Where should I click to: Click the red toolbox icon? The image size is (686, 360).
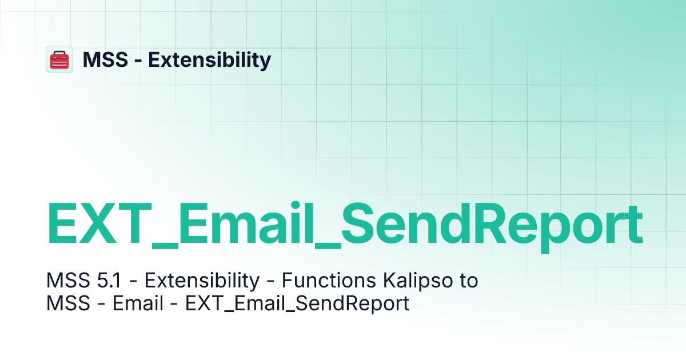pyautogui.click(x=59, y=59)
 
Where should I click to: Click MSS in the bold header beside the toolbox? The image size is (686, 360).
pyautogui.click(x=104, y=59)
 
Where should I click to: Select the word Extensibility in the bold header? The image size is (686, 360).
pyautogui.click(x=210, y=59)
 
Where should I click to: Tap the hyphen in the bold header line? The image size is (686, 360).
pyautogui.click(x=138, y=60)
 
